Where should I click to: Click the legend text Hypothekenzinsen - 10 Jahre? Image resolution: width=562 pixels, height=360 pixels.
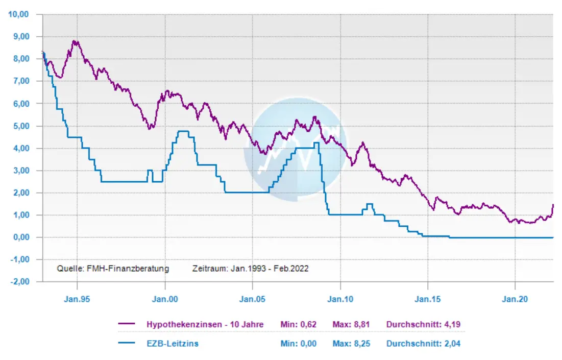click(205, 324)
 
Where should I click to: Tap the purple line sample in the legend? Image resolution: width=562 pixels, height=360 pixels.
click(126, 324)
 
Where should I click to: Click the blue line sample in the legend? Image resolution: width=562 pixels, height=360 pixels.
click(126, 344)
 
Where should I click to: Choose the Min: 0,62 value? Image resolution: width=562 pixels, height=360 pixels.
click(299, 324)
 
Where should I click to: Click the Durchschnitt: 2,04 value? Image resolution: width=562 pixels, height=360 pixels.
click(423, 344)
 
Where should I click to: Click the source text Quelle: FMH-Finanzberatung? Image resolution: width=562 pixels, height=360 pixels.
click(112, 268)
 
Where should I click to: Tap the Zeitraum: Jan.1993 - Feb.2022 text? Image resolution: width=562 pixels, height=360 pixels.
click(250, 268)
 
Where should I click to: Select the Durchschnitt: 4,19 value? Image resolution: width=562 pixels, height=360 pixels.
click(423, 324)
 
